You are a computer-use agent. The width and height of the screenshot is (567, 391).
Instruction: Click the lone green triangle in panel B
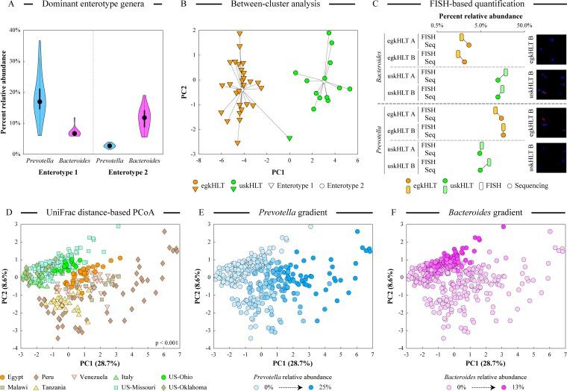point(289,138)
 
